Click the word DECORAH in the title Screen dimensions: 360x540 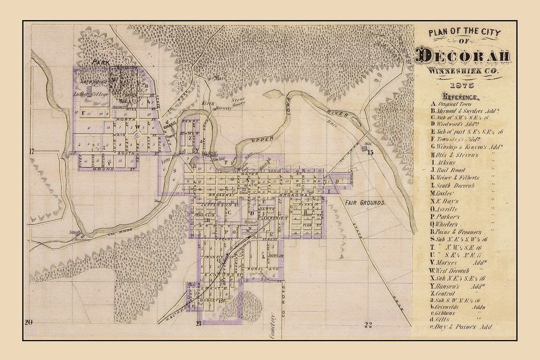coord(463,57)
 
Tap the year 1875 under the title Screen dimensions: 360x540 coord(463,85)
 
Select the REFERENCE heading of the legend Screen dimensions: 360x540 coord(460,96)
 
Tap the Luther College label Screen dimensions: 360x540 coord(88,94)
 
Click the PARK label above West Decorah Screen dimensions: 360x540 coord(101,63)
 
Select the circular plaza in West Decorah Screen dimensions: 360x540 coord(137,133)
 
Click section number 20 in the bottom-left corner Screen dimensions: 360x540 coord(29,323)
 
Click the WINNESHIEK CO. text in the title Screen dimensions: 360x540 coord(463,71)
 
